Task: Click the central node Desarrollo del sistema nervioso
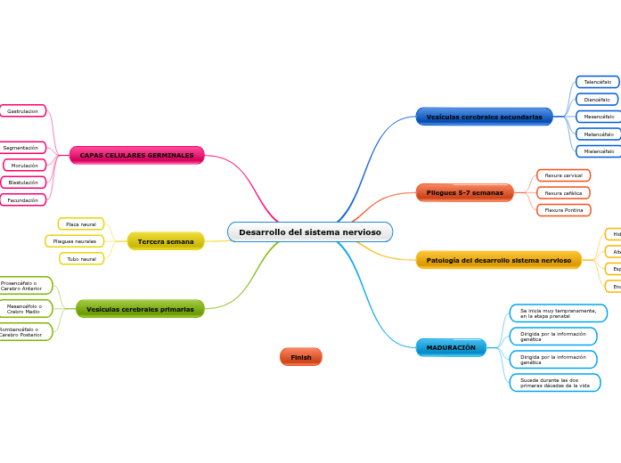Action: tap(309, 232)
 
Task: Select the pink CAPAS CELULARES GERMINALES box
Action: tap(136, 155)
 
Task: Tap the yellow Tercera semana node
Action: tap(166, 241)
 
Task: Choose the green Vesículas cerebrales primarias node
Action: tap(140, 309)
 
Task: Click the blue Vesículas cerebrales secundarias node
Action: tap(484, 117)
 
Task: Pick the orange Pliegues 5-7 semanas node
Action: tap(464, 192)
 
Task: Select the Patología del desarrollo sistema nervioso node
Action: tap(498, 260)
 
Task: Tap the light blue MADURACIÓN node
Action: tap(451, 347)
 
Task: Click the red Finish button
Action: tap(301, 357)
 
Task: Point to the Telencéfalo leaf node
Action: tap(597, 82)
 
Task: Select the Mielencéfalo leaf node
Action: tap(597, 151)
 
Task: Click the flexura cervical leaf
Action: tap(563, 175)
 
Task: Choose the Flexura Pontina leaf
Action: tap(563, 210)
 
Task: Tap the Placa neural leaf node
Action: tap(81, 224)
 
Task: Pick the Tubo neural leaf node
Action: tap(81, 259)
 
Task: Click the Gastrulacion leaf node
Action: tap(22, 111)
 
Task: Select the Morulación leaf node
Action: tap(25, 166)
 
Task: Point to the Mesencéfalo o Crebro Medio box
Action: tap(24, 309)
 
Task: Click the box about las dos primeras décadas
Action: tap(554, 383)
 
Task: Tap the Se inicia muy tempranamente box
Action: tap(558, 313)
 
